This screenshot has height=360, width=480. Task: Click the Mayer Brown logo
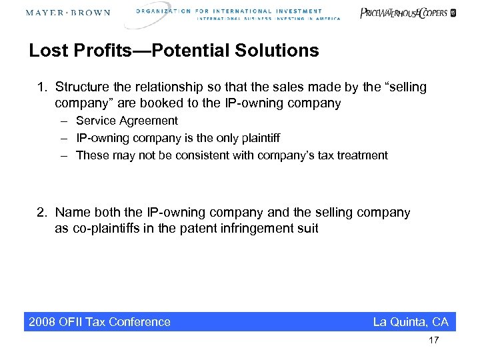pos(68,13)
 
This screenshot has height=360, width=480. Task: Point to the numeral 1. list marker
pos(42,87)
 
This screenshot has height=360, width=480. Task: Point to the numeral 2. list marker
pos(42,213)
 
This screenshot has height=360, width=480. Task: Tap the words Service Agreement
pos(127,121)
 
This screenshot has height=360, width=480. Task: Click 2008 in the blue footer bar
pos(43,322)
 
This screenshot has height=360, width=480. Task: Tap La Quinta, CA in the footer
pos(410,322)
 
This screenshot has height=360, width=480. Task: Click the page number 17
pos(434,341)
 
